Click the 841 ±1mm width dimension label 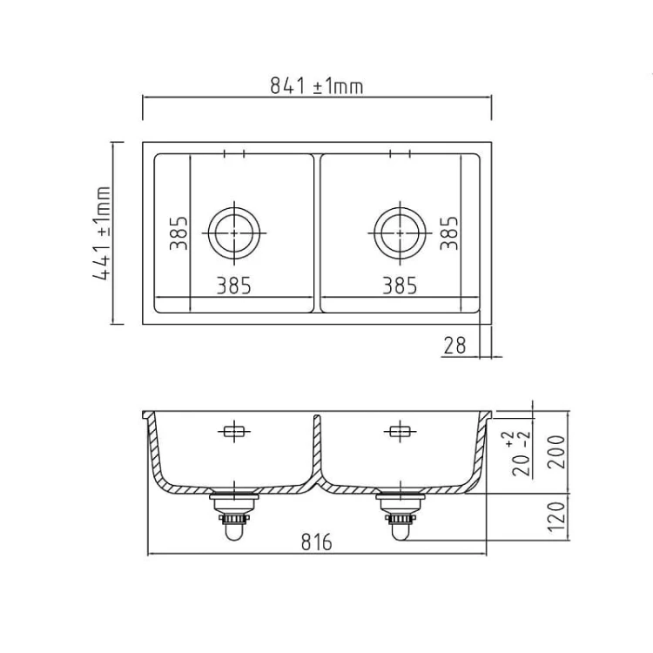[x=316, y=85]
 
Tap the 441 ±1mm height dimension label [x=104, y=232]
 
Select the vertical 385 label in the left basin [x=178, y=232]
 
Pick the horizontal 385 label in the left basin [x=233, y=285]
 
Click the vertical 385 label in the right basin [x=448, y=232]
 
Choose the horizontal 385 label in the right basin [x=399, y=285]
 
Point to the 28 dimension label [x=454, y=346]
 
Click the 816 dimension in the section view [x=316, y=542]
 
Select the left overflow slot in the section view [x=234, y=431]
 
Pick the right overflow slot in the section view [x=399, y=431]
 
